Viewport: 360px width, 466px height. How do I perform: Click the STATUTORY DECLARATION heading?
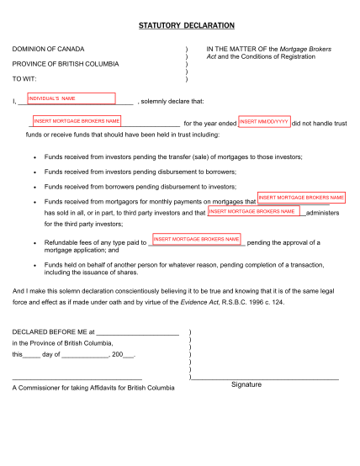[186, 26]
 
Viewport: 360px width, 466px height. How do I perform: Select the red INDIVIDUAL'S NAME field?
[71, 99]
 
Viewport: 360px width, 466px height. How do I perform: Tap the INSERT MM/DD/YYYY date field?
[264, 122]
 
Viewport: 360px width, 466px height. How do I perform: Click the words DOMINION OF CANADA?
[48, 49]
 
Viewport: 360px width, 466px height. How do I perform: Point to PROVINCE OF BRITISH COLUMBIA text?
[65, 64]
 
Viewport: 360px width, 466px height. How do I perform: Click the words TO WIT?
[26, 79]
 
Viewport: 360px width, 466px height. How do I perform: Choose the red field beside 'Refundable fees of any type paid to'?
[197, 240]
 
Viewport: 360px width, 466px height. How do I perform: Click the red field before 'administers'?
[255, 211]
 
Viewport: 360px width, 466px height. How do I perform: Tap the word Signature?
[246, 385]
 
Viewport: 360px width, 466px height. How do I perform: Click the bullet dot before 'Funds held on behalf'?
[32, 263]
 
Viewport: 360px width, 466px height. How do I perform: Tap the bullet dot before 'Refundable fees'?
[32, 242]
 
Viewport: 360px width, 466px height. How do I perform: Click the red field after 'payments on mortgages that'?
[301, 198]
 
